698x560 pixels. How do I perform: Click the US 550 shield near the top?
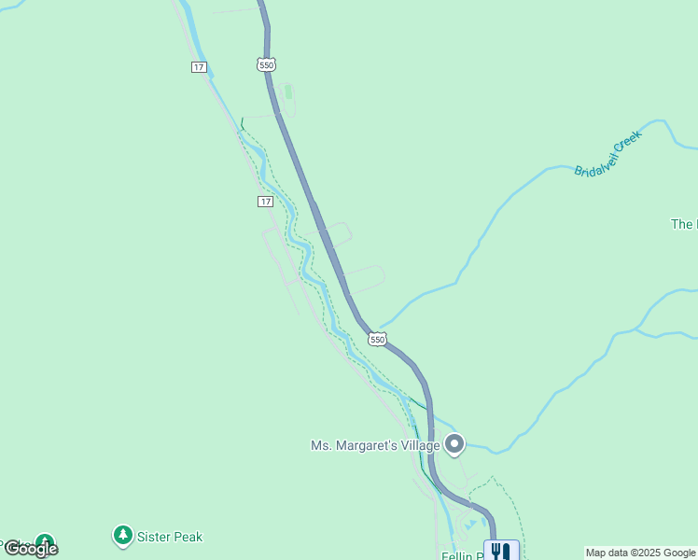pos(267,64)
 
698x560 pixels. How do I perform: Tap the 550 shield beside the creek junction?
pos(376,340)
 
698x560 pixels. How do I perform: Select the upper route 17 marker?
pos(199,66)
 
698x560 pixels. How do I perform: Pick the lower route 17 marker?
pos(266,202)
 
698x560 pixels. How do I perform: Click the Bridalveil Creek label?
pos(607,154)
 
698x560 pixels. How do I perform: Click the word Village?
pos(420,445)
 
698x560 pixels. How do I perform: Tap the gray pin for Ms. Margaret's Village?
pos(454,444)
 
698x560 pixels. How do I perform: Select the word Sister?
pos(154,537)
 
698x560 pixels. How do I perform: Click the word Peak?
pos(188,537)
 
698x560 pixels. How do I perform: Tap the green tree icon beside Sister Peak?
pos(122,536)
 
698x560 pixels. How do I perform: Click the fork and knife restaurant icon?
pos(501,551)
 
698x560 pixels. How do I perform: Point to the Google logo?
pos(31,549)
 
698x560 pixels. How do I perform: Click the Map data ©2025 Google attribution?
pos(641,553)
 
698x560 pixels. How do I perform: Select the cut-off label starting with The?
pos(682,224)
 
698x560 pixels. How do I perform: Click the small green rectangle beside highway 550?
pos(287,92)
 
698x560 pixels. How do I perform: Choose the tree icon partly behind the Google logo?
pos(44,542)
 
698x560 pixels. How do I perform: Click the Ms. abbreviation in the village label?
pos(321,445)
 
